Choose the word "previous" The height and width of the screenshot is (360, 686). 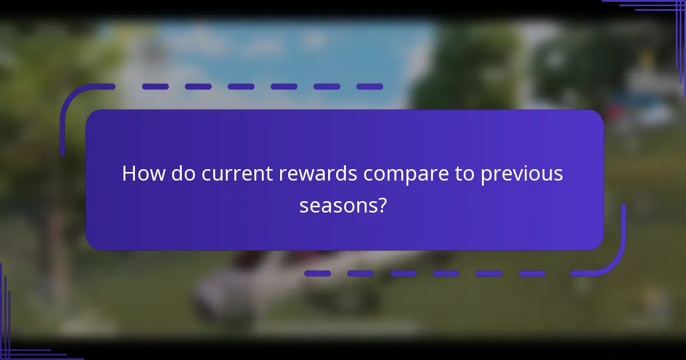coord(521,174)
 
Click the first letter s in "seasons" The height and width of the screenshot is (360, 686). coord(304,206)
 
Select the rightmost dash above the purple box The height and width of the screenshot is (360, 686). coord(369,87)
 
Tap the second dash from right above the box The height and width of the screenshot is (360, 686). coord(326,87)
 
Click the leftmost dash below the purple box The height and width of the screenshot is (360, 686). coord(317,274)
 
